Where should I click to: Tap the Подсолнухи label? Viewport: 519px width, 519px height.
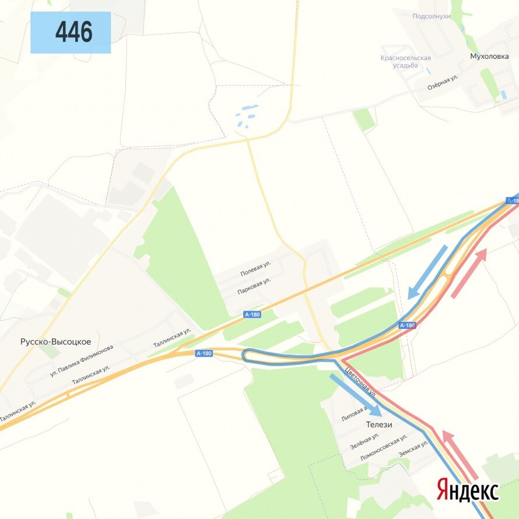(x=432, y=16)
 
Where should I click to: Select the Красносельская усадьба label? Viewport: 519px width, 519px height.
(x=405, y=61)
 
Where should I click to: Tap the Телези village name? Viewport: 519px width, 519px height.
(x=379, y=425)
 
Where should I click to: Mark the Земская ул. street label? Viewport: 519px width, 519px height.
(x=413, y=448)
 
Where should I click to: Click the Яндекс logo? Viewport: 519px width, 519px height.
(x=468, y=490)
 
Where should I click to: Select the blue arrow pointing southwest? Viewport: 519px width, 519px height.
(x=427, y=272)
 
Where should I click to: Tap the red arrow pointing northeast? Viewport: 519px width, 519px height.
(x=468, y=273)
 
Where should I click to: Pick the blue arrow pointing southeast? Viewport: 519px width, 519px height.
(x=355, y=395)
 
